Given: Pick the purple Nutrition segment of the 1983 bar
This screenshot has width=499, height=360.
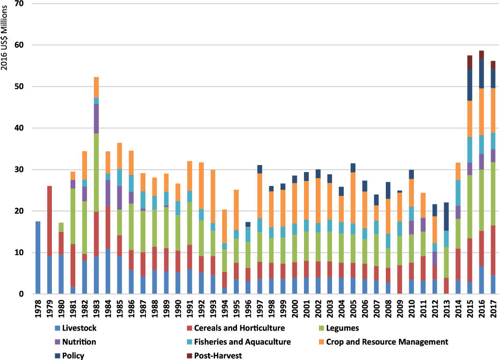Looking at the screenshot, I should point(97,119).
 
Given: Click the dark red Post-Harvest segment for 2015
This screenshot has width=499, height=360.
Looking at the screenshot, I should point(470,62).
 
